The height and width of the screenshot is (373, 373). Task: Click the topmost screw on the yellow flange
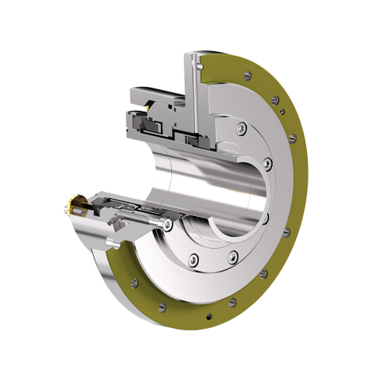pos(248,75)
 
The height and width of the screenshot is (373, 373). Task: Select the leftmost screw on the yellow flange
pos(134,282)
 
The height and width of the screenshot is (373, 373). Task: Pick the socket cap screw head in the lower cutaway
pos(168,225)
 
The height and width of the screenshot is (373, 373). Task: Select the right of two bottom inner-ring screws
pos(232,256)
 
